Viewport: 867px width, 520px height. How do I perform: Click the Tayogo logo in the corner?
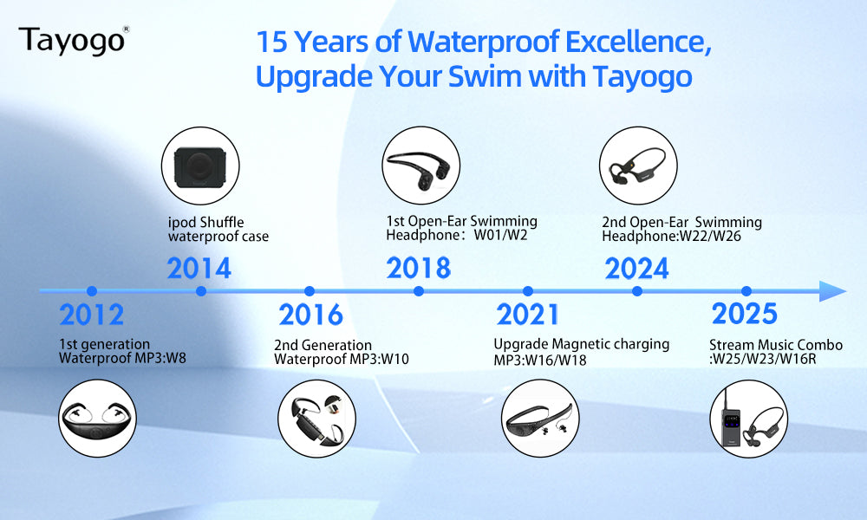[74, 41]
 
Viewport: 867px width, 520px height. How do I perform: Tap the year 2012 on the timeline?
[91, 315]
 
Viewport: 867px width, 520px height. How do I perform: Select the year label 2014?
[199, 269]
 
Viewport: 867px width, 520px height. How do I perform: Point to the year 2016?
[310, 315]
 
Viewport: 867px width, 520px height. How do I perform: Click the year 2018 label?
[419, 268]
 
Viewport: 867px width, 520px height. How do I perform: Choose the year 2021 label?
[527, 315]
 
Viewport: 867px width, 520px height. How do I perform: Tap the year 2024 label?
[636, 269]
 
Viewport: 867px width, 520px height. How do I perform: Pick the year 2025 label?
[744, 314]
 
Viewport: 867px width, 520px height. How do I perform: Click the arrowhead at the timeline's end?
[832, 291]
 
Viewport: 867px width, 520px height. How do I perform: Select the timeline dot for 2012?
[92, 291]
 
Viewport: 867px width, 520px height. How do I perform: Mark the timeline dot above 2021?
[527, 291]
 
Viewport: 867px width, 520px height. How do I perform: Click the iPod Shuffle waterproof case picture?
[200, 166]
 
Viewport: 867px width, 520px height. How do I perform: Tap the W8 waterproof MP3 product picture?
[97, 419]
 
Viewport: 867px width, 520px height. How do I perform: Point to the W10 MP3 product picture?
[316, 419]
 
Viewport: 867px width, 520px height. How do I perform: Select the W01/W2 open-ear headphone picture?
[420, 166]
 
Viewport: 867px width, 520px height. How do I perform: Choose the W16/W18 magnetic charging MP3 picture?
[540, 419]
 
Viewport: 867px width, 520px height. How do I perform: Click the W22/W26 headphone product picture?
[639, 166]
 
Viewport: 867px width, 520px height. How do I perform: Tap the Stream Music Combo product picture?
[749, 419]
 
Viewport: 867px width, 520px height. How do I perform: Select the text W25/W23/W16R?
[764, 359]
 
